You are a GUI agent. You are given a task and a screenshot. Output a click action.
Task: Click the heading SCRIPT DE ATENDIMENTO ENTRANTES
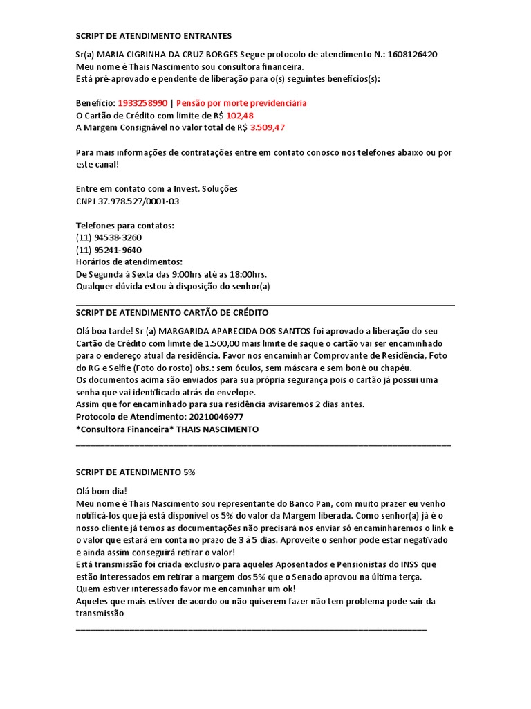154,35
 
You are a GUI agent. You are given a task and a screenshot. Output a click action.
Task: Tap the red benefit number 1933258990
142,103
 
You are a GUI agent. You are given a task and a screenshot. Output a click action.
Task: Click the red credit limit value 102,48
240,115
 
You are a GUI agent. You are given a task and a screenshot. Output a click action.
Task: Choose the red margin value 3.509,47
268,127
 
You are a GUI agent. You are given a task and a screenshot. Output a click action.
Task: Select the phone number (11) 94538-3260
109,237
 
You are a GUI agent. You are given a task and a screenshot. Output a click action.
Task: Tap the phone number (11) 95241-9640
109,249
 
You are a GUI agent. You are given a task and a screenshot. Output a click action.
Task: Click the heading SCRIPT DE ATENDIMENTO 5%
136,472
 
